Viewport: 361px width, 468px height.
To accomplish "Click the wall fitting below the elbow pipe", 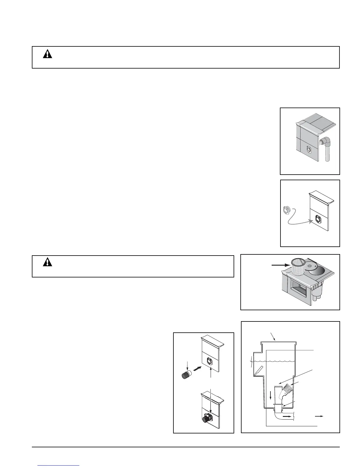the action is [x=308, y=150].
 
